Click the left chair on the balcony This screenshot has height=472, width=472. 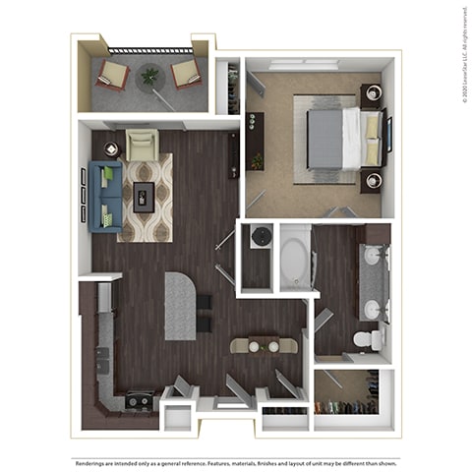[112, 74]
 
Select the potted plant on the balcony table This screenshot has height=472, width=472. [149, 75]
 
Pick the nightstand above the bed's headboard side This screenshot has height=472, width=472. [372, 96]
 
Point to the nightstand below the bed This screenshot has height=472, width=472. [371, 181]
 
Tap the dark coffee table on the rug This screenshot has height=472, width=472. [144, 195]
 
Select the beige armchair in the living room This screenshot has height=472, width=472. [142, 147]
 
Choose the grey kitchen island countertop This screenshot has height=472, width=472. [180, 305]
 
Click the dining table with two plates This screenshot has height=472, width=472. [262, 345]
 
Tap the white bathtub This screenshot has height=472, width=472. [294, 258]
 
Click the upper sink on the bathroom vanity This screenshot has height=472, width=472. [372, 258]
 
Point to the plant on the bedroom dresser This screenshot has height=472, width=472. [258, 159]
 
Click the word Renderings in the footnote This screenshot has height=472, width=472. [95, 459]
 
